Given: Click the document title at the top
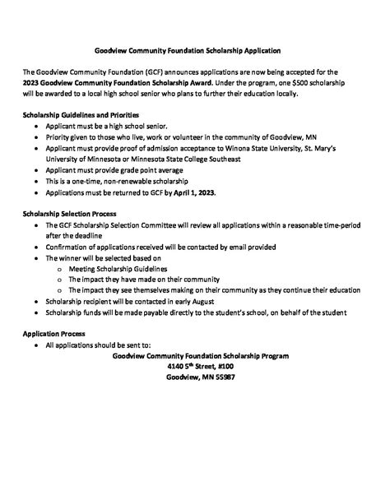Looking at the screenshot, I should [x=194, y=51].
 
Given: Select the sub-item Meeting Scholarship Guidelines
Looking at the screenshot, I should [x=118, y=269].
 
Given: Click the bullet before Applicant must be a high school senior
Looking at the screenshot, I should [x=36, y=127].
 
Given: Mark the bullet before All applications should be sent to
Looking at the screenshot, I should [x=36, y=346].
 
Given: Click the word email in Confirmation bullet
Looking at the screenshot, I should [x=233, y=247].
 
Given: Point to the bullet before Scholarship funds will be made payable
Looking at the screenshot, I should [x=36, y=312].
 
